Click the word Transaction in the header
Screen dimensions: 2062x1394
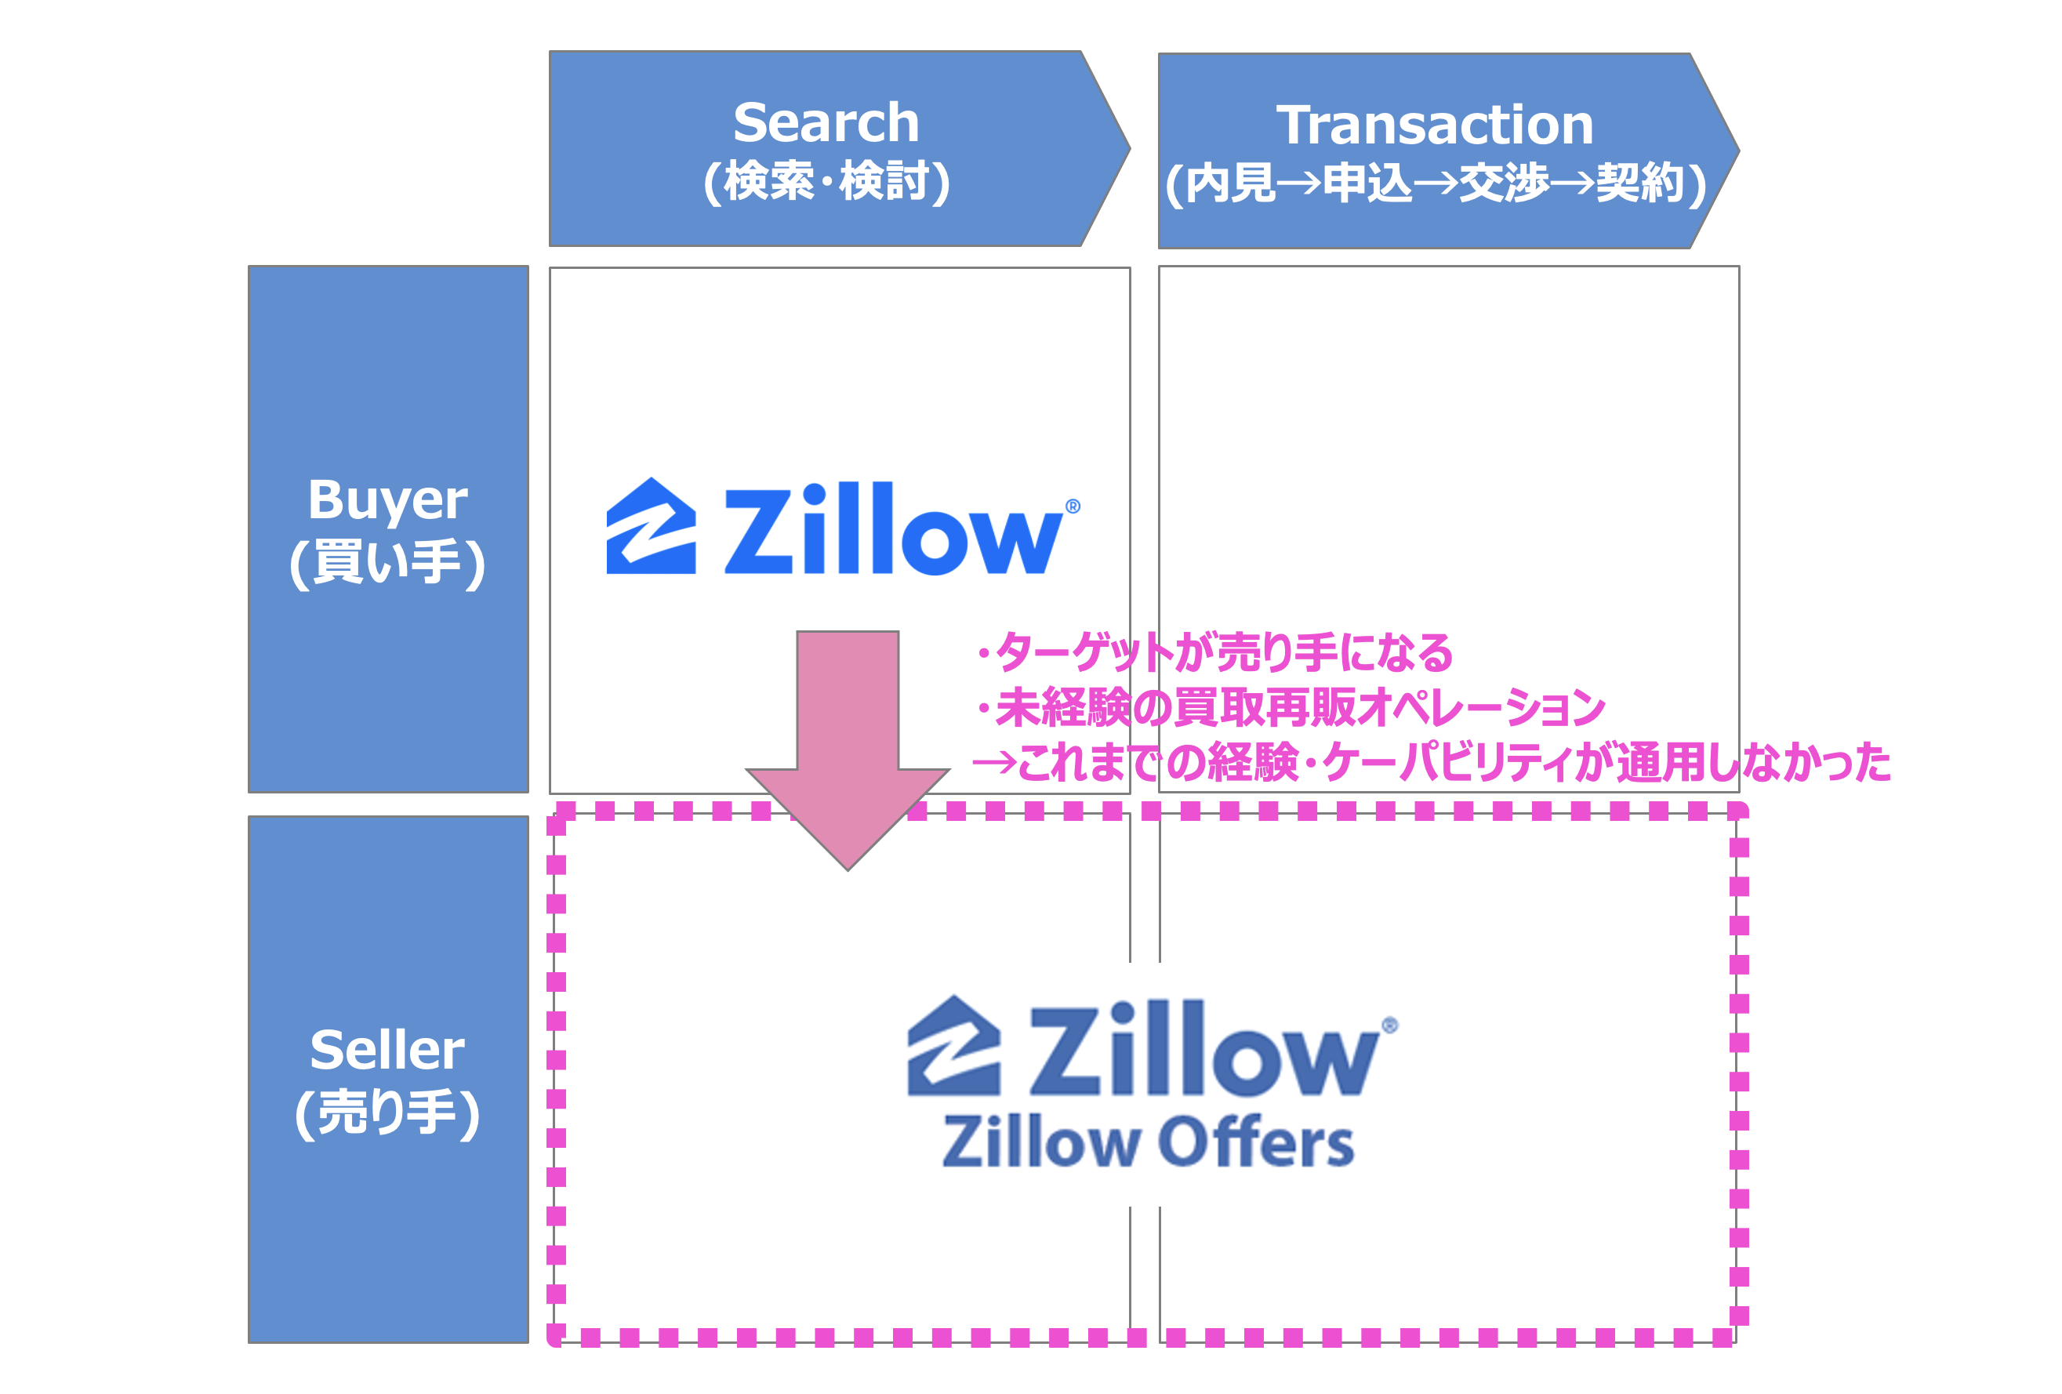tap(1434, 125)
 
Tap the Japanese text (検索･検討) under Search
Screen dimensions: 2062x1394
tap(826, 182)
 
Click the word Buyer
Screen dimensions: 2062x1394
tap(388, 499)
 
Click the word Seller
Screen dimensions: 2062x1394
tap(388, 1050)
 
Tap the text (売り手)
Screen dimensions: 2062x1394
tap(388, 1113)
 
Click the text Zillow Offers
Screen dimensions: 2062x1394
tap(1147, 1142)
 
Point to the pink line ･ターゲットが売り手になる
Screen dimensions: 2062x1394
tap(1212, 653)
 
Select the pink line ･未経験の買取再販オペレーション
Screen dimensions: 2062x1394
tap(1288, 708)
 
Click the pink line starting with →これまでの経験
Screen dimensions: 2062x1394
tap(1430, 763)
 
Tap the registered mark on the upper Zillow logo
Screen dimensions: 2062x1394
tap(1073, 506)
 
